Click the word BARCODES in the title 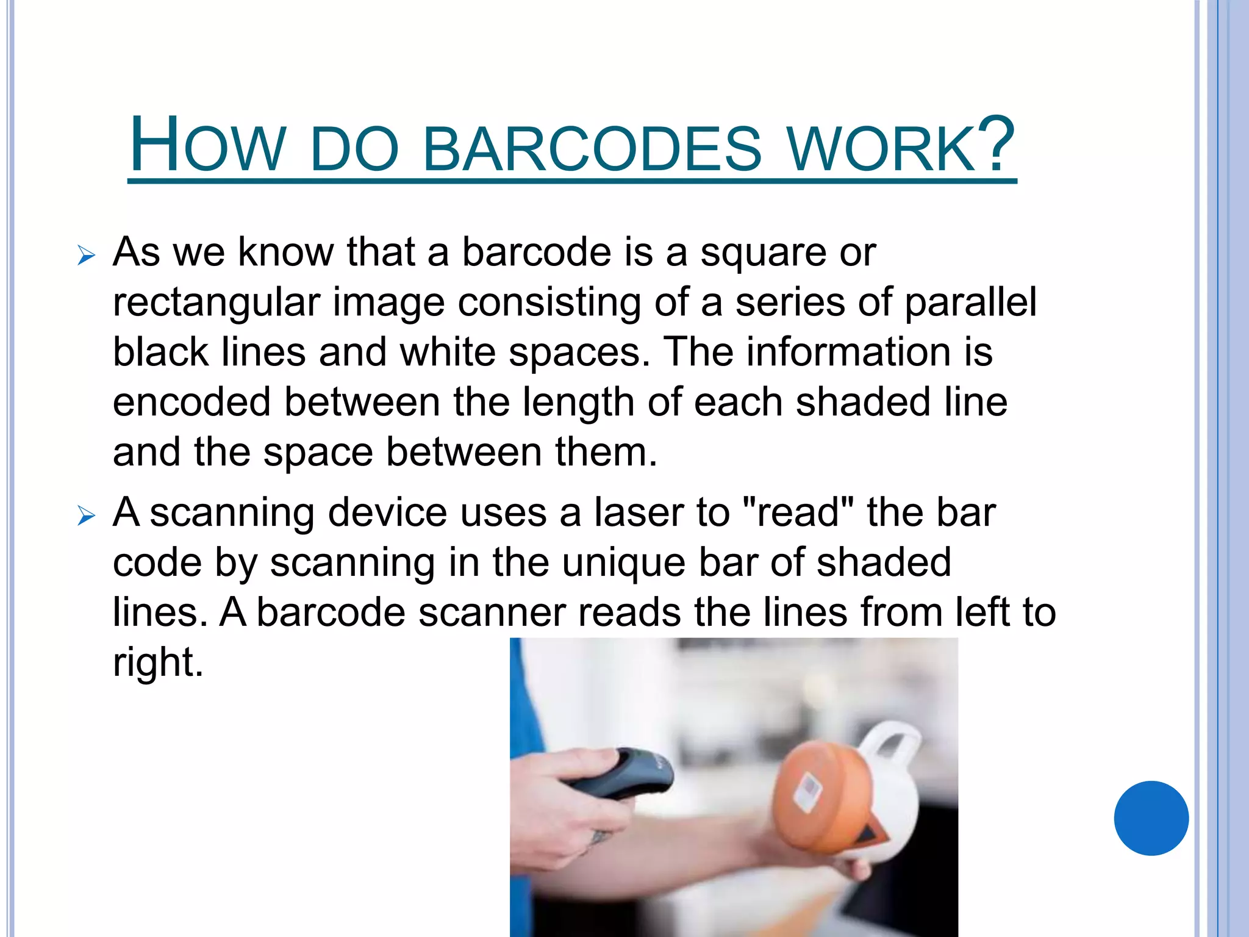(x=592, y=148)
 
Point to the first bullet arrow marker (x=87, y=256)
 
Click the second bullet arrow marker (x=87, y=516)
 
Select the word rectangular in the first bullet (x=216, y=303)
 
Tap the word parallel (x=970, y=303)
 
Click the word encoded (x=191, y=402)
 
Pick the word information (x=848, y=352)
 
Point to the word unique (x=623, y=563)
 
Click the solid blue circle (x=1151, y=818)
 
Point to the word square (x=762, y=253)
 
